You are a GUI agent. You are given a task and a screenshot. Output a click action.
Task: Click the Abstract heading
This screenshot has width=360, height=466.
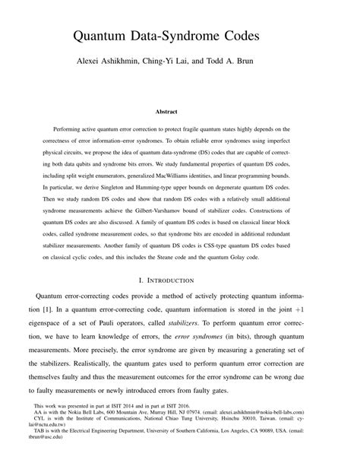pos(179,112)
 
